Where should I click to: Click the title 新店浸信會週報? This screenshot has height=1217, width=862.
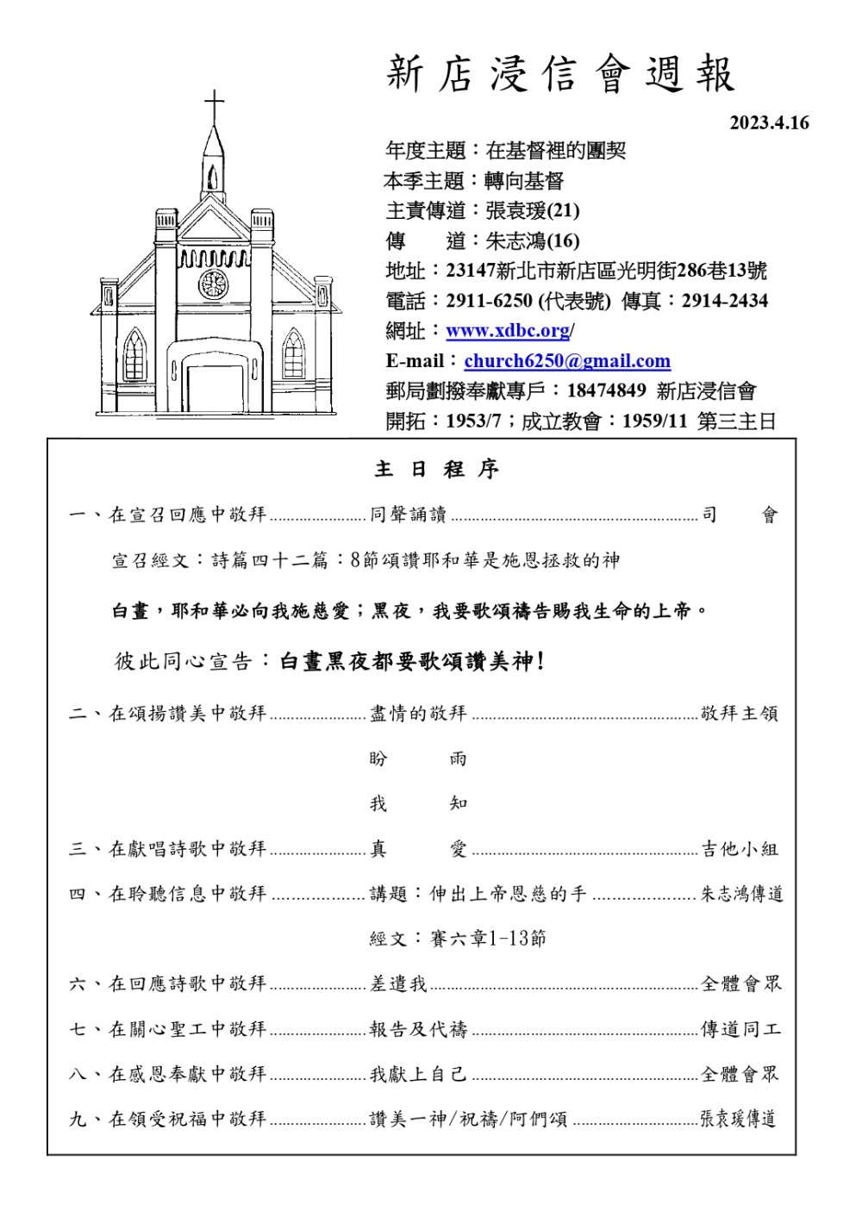[560, 74]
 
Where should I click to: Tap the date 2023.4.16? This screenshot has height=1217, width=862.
[769, 123]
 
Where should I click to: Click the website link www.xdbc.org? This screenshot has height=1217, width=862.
[508, 331]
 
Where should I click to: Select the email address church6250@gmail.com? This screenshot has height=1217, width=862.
[566, 361]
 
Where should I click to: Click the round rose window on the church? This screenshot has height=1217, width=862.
[213, 284]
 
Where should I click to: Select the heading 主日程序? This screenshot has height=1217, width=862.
[436, 470]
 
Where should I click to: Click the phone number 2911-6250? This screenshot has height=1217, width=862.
[489, 301]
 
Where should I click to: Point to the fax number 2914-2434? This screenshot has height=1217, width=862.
[724, 301]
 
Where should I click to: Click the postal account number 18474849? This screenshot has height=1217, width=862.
[606, 390]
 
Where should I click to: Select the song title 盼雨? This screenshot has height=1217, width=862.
[418, 758]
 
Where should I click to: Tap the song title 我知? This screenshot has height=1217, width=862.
[418, 803]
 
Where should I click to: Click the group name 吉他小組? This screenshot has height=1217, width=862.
[740, 849]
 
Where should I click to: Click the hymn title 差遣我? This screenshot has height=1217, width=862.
[398, 983]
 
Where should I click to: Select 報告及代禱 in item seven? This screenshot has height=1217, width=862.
[418, 1029]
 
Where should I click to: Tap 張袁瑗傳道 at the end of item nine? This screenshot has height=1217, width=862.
[738, 1119]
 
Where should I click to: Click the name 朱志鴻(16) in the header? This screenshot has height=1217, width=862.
[532, 240]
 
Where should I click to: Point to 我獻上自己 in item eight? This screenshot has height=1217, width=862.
[418, 1074]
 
